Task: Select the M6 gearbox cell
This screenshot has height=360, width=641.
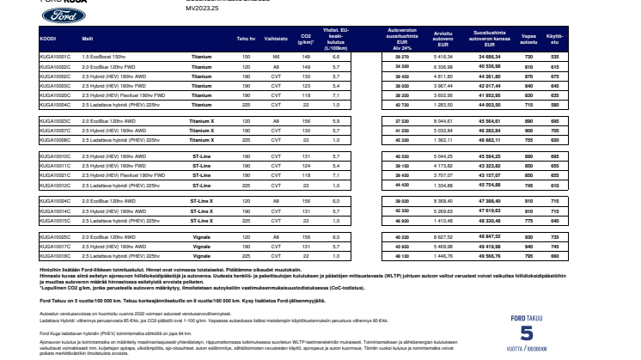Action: (x=276, y=55)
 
